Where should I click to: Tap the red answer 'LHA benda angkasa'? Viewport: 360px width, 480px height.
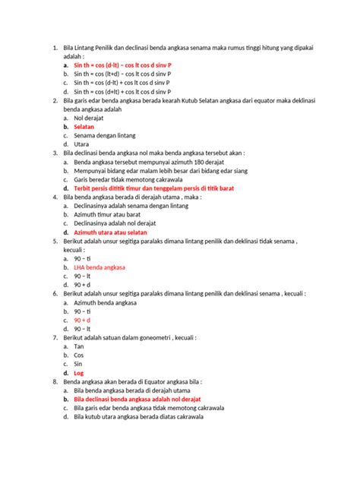[x=99, y=268]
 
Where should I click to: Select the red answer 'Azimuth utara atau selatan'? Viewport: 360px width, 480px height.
[x=114, y=232]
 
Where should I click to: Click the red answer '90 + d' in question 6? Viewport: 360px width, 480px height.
[x=83, y=321]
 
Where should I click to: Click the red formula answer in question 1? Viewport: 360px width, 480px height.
[x=122, y=66]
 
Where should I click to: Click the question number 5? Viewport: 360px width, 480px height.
[x=55, y=242]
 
